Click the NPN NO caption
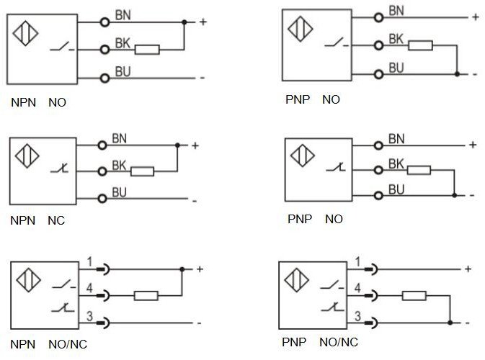pyautogui.click(x=38, y=103)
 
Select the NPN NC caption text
pyautogui.click(x=37, y=220)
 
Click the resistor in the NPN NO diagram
pyautogui.click(x=147, y=50)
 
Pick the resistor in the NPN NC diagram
pyautogui.click(x=142, y=171)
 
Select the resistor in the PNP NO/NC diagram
pyautogui.click(x=414, y=295)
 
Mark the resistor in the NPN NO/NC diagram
pyautogui.click(x=146, y=295)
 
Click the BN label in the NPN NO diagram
pyautogui.click(x=123, y=14)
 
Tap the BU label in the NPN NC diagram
pyautogui.click(x=120, y=192)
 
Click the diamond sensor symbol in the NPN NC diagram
pyautogui.click(x=27, y=158)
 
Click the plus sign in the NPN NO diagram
pyautogui.click(x=203, y=22)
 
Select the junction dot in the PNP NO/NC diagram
pyautogui.click(x=450, y=322)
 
